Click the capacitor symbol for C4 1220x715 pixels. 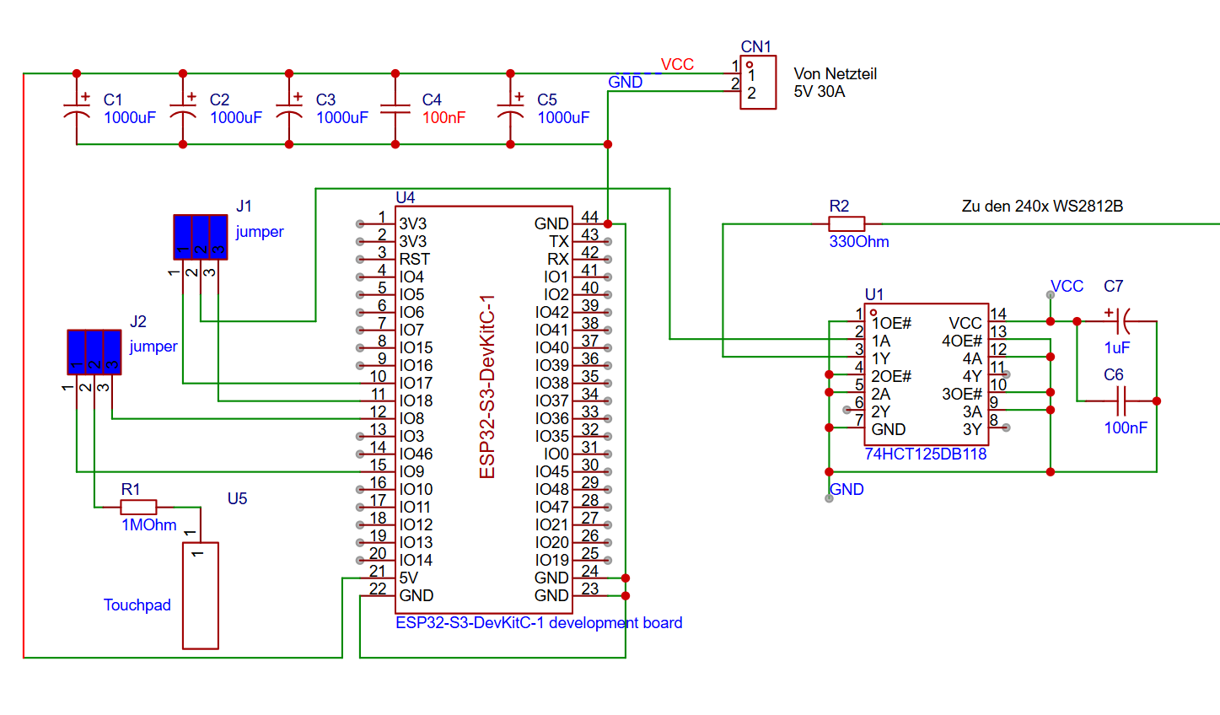click(x=395, y=109)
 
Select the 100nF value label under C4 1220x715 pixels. click(x=443, y=118)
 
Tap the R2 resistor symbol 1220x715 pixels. click(x=846, y=223)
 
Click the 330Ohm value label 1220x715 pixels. click(x=858, y=242)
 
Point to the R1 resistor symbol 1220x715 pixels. click(x=138, y=507)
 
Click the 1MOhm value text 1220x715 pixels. click(x=148, y=525)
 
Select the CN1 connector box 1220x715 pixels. click(x=758, y=83)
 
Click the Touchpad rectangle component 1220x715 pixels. click(x=201, y=595)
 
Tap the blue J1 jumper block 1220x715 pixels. click(x=201, y=236)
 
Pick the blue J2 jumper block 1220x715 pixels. click(x=94, y=352)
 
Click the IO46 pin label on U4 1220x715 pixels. click(x=416, y=454)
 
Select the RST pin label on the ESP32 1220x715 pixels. click(x=414, y=259)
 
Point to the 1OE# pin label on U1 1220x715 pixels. click(x=891, y=324)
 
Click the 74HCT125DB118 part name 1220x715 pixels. click(x=925, y=454)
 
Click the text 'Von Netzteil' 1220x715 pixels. click(x=835, y=74)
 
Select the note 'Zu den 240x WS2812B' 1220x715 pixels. click(x=1041, y=207)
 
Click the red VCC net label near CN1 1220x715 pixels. click(x=677, y=65)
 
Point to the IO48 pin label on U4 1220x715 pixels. click(x=552, y=489)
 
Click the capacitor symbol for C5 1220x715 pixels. click(x=510, y=109)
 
